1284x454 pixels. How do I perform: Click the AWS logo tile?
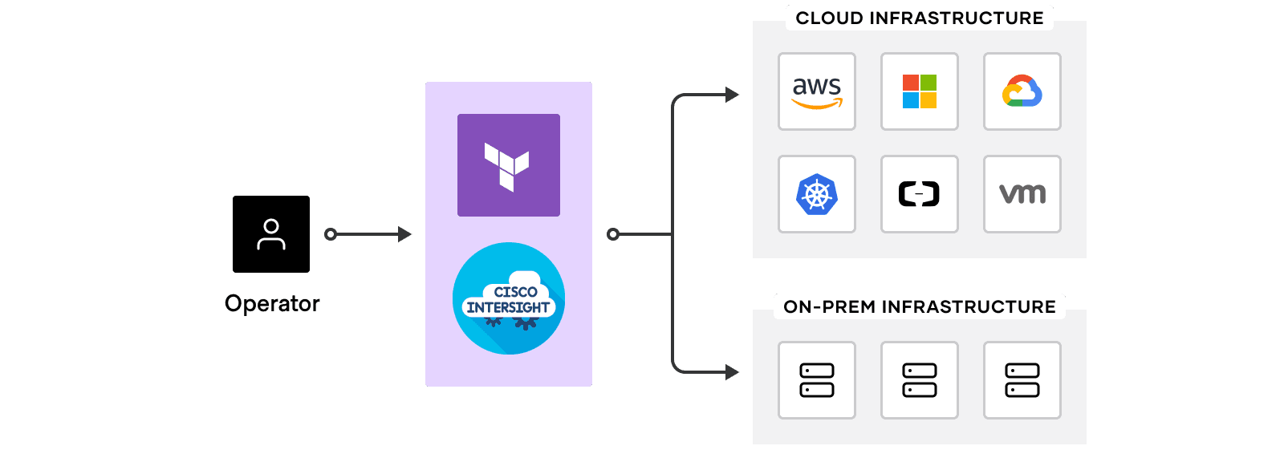pyautogui.click(x=817, y=91)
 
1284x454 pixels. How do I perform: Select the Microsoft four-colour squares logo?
pyautogui.click(x=920, y=91)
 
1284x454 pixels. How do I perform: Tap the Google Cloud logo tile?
pyautogui.click(x=1022, y=91)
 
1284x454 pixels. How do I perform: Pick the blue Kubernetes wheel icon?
pyautogui.click(x=817, y=194)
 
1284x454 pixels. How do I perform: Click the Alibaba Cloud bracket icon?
pyautogui.click(x=920, y=194)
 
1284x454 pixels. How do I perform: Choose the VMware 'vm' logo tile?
pyautogui.click(x=1022, y=194)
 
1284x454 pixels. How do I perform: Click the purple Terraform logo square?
pyautogui.click(x=509, y=165)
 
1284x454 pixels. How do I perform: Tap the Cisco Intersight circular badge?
pyautogui.click(x=509, y=298)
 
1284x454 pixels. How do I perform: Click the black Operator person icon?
pyautogui.click(x=271, y=234)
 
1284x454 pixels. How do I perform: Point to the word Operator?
pyautogui.click(x=272, y=303)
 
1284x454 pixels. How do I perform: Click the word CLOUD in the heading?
pyautogui.click(x=830, y=18)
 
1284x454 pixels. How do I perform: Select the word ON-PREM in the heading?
pyautogui.click(x=829, y=306)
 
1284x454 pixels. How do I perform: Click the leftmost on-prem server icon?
pyautogui.click(x=817, y=380)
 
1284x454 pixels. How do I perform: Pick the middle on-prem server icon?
pyautogui.click(x=920, y=380)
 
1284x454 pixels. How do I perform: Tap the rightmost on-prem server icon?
pyautogui.click(x=1022, y=380)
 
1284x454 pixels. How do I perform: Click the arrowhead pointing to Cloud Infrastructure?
pyautogui.click(x=732, y=95)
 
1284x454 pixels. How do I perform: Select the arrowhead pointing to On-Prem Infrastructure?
pyautogui.click(x=732, y=372)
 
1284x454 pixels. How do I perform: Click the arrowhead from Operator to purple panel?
pyautogui.click(x=404, y=234)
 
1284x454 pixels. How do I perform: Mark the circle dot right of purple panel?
pyautogui.click(x=613, y=234)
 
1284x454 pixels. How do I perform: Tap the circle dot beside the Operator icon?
pyautogui.click(x=331, y=234)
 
